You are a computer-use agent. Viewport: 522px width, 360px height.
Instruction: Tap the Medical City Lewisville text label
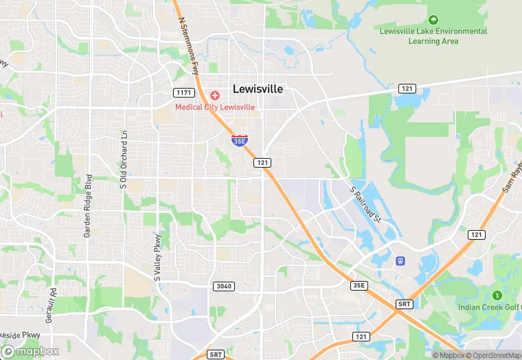(215, 107)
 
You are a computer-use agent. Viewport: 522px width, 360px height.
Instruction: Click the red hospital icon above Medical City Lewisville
(215, 95)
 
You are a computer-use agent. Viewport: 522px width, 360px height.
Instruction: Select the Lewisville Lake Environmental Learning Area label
(433, 36)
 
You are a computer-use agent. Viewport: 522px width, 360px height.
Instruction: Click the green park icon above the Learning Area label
(433, 19)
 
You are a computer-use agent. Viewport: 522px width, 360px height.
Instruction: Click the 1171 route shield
(183, 92)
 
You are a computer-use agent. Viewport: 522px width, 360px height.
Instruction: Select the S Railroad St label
(365, 203)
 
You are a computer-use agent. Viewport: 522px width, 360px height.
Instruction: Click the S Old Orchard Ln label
(124, 159)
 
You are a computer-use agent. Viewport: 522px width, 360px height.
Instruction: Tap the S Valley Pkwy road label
(157, 258)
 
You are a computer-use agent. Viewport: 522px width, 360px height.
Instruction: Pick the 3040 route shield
(224, 286)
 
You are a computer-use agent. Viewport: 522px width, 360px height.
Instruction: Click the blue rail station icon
(400, 261)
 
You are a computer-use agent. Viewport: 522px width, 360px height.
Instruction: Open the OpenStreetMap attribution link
(494, 355)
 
